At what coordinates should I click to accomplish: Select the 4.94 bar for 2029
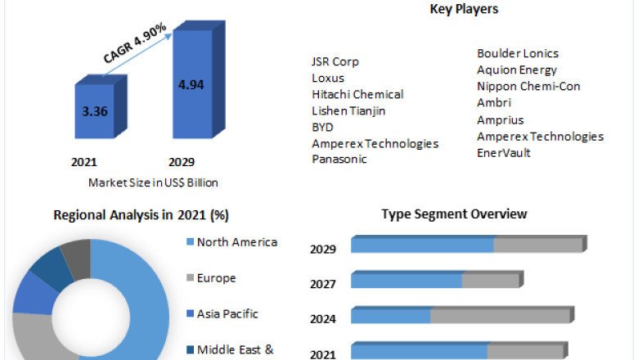192,83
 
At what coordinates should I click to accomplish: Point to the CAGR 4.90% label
135,43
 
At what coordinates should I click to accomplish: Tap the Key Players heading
464,9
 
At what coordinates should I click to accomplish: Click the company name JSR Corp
335,61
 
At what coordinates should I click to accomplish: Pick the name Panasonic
339,160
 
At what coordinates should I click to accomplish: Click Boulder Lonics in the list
518,53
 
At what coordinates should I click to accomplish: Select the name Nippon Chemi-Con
528,87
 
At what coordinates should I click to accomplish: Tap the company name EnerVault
504,153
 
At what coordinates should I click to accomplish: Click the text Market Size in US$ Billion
153,182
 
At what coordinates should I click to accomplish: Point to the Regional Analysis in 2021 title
141,215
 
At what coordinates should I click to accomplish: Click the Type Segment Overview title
454,214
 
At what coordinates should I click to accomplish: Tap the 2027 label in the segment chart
323,284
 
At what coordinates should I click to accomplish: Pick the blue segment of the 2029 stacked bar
422,245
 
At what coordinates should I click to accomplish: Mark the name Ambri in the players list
494,103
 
